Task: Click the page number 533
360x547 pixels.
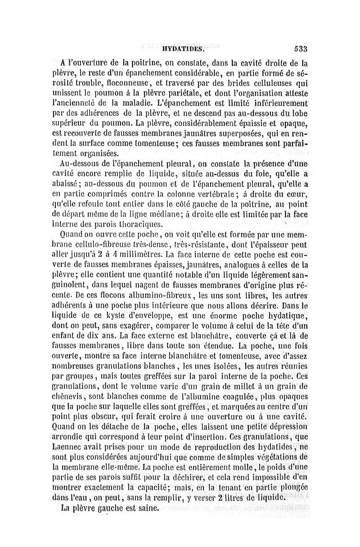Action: pyautogui.click(x=297, y=50)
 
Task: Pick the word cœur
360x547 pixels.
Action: pyautogui.click(x=294, y=195)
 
